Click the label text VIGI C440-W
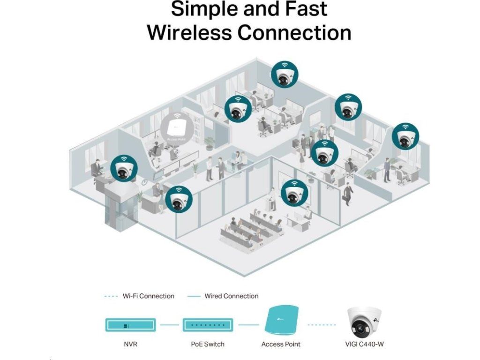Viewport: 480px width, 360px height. (364, 345)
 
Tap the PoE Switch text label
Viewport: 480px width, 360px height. (208, 345)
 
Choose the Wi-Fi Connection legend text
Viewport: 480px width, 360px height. (148, 296)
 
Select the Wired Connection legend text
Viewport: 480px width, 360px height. (231, 296)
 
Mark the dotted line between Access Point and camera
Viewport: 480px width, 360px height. (322, 324)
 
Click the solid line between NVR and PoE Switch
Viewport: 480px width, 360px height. (169, 324)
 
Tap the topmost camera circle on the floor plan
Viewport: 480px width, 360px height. (284, 74)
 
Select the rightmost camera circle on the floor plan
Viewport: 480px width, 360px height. (405, 136)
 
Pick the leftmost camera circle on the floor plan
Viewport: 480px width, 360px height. (124, 169)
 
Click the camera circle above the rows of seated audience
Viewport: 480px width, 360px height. (294, 193)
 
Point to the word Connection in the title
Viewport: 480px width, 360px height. (294, 32)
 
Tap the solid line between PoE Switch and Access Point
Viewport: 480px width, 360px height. (248, 324)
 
